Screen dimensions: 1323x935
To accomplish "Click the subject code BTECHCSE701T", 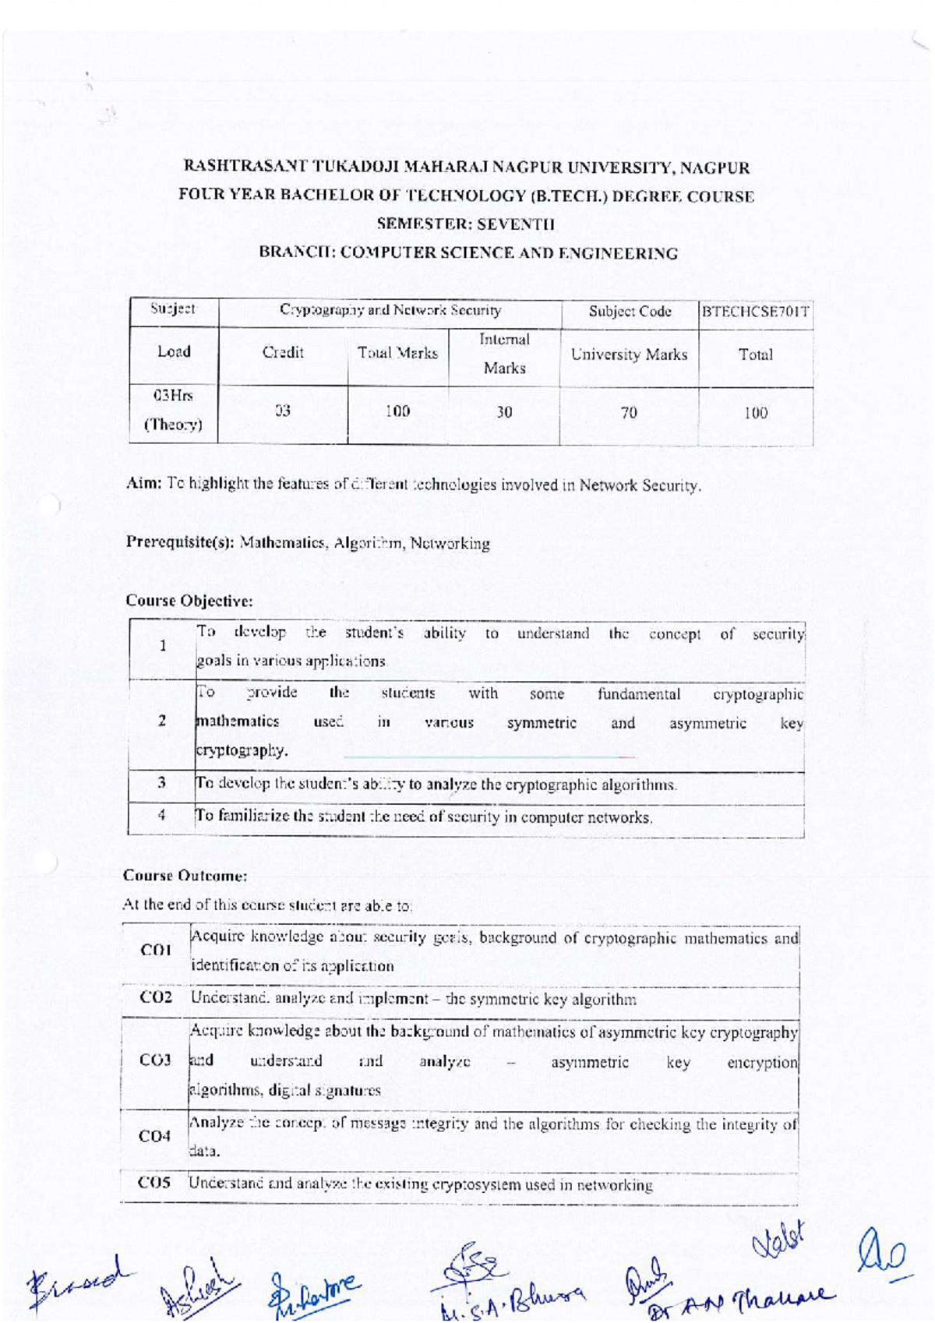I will click(755, 312).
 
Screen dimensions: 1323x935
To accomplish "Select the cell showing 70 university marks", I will click(629, 413).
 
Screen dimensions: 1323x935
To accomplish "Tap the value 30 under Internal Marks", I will click(504, 412).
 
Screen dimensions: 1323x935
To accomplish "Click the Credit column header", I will click(283, 352).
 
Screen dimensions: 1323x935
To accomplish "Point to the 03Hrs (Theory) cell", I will click(173, 410).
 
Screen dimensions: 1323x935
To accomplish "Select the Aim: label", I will click(144, 483).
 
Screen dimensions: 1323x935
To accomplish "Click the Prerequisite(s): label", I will click(180, 542).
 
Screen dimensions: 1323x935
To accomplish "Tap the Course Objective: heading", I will click(189, 601).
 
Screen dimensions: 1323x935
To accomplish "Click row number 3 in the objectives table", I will click(162, 782).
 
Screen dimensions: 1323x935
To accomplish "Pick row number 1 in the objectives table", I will click(163, 645).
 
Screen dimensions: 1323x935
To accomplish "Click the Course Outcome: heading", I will click(185, 876).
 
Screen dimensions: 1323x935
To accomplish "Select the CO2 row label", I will click(155, 997).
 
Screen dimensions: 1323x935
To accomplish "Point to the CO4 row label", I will click(154, 1136).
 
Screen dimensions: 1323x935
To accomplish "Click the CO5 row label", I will click(153, 1183).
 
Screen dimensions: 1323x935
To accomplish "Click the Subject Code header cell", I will click(630, 312).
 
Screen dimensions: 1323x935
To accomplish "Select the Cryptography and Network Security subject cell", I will click(390, 310).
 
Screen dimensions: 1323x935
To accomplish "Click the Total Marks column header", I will click(397, 353).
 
